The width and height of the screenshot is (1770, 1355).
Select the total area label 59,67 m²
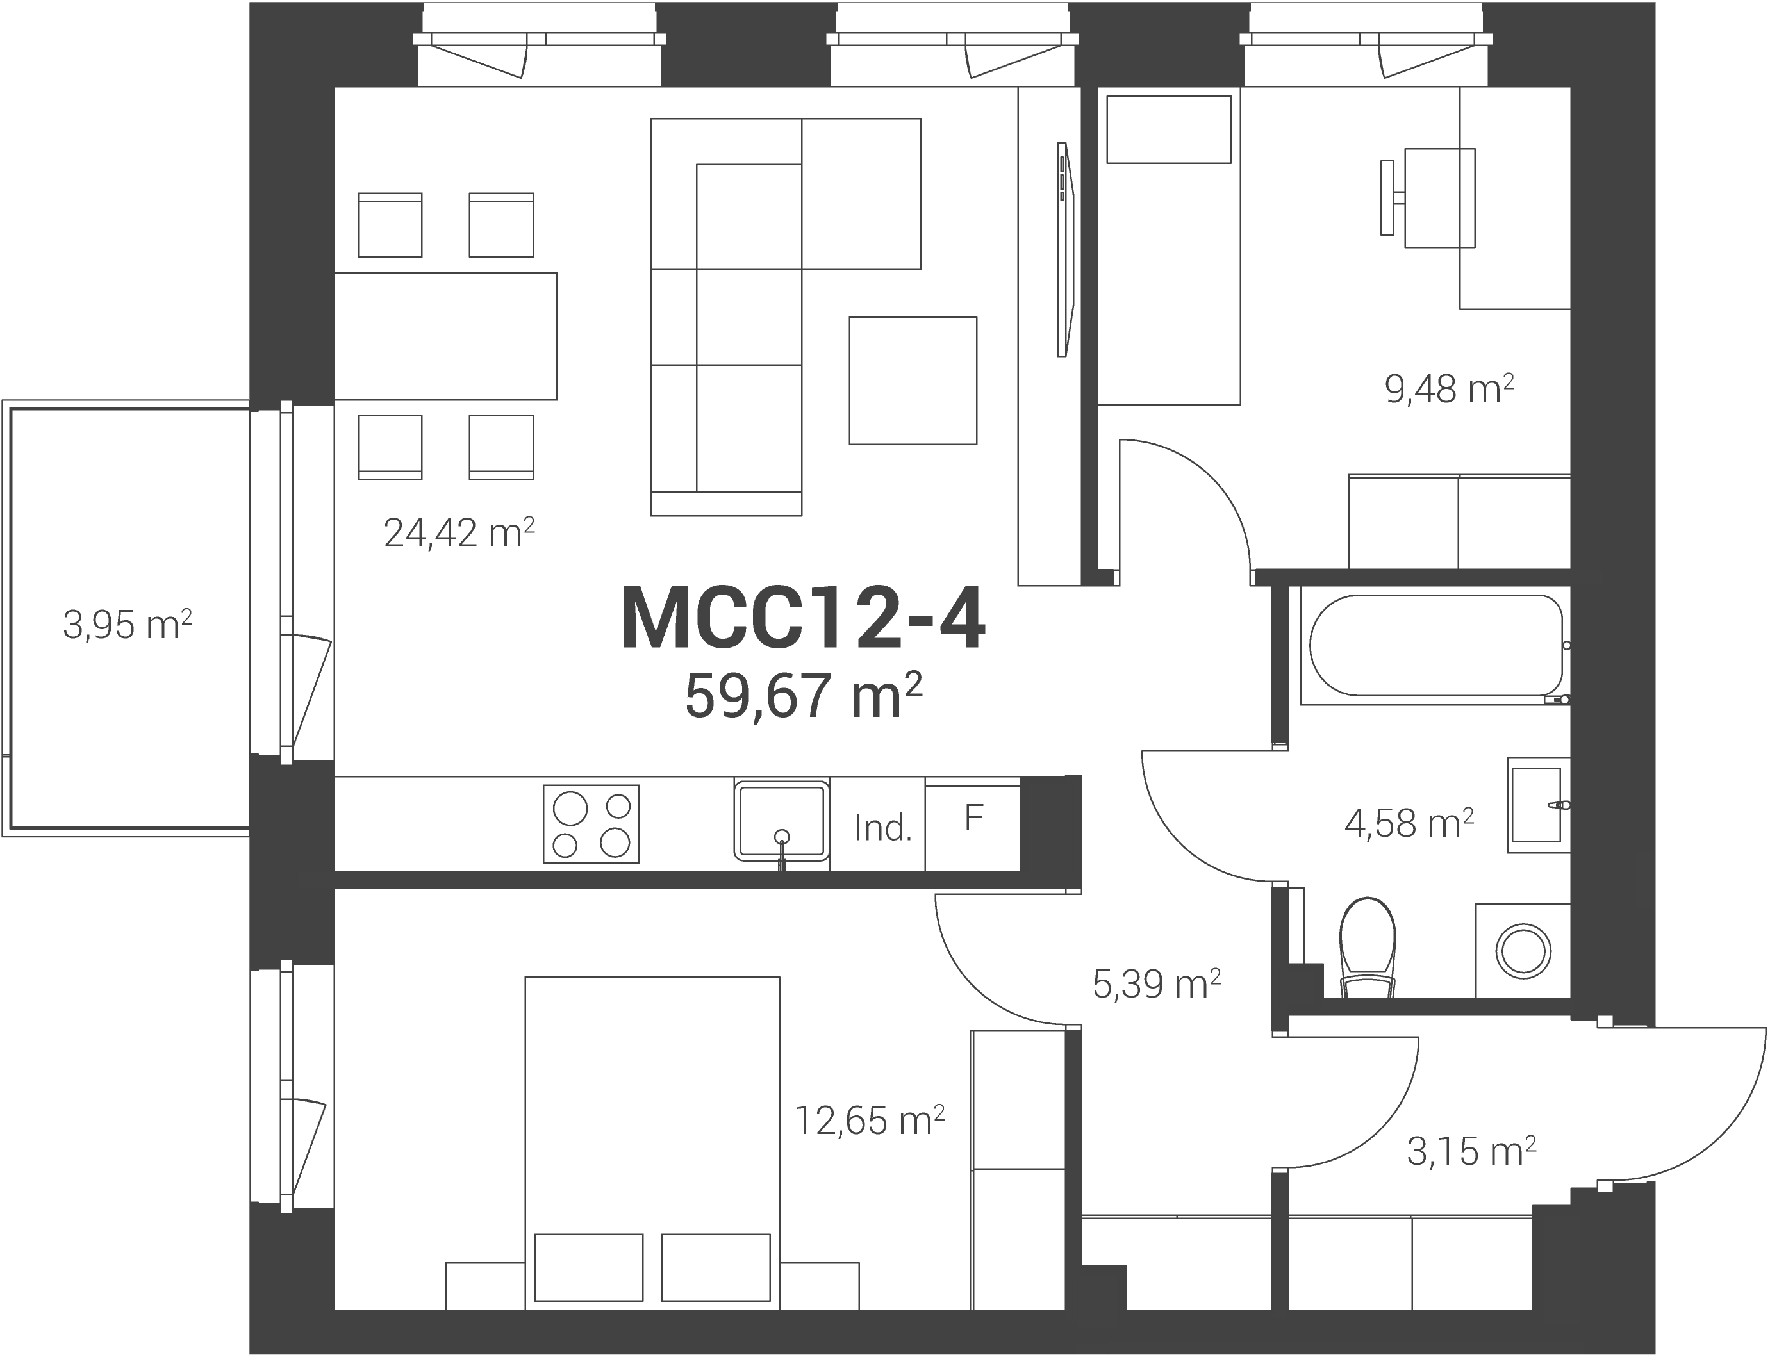pos(804,695)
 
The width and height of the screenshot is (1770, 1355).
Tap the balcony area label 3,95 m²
pos(128,625)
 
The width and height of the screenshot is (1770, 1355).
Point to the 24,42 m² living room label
pos(459,532)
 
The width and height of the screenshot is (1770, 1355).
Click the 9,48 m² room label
pos(1449,390)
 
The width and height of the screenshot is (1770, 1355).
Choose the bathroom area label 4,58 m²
pos(1409,823)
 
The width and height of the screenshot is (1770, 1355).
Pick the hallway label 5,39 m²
pos(1157,984)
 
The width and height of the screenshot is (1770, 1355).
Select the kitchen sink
pos(782,820)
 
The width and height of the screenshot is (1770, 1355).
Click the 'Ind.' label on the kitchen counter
pos(883,828)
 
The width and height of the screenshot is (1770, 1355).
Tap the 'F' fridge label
pos(973,819)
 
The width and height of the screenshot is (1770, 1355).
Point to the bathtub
pos(1436,645)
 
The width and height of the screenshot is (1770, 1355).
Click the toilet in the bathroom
pos(1368,948)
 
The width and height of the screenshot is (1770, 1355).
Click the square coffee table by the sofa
pos(913,381)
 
